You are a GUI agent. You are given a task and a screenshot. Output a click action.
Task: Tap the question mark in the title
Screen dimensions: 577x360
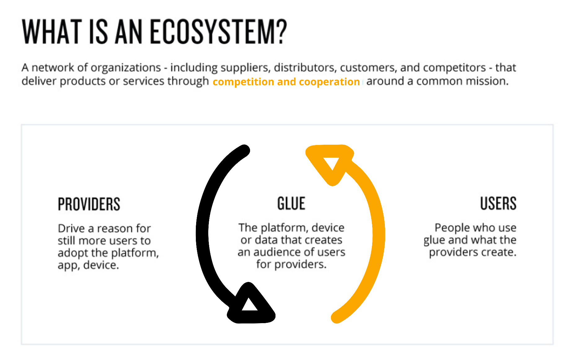point(281,32)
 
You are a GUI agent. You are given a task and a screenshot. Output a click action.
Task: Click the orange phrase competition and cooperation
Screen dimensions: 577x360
point(286,81)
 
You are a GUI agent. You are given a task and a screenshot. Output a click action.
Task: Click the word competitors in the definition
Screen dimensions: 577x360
point(454,68)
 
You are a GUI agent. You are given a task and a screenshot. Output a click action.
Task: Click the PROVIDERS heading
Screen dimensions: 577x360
point(89,204)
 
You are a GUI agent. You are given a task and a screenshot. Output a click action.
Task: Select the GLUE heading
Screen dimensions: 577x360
point(291,204)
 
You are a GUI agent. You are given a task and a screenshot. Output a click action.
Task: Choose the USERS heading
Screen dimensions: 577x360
point(498,204)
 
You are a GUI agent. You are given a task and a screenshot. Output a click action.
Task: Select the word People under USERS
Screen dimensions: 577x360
point(451,228)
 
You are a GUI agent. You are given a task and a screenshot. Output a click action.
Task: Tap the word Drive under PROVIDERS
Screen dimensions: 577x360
point(71,228)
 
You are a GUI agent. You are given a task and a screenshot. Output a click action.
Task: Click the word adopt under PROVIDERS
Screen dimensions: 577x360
point(73,253)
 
